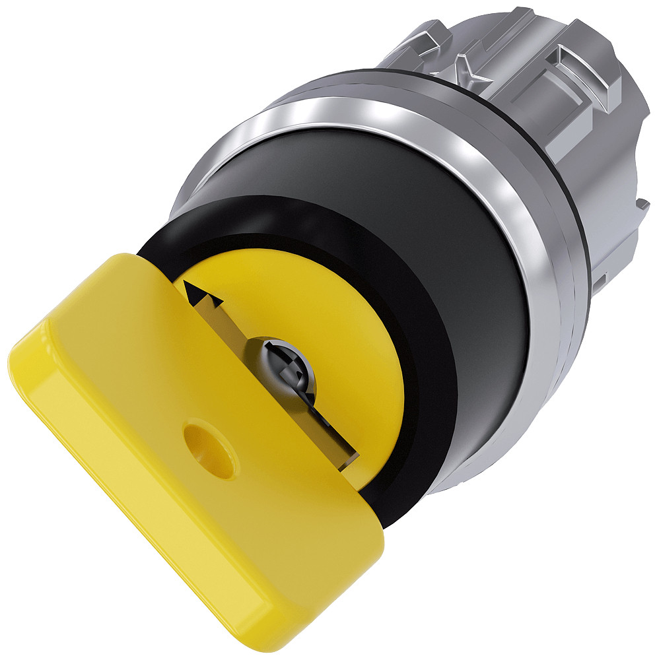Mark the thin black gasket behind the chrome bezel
pyautogui.click(x=580, y=218)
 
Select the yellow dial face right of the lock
pyautogui.click(x=357, y=370)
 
